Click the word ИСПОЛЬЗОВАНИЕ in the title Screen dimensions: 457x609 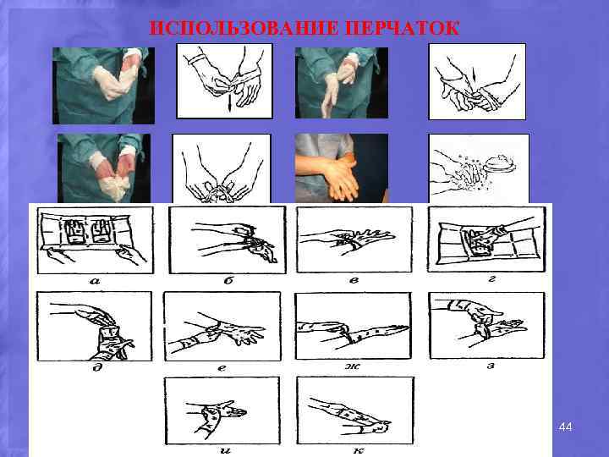coord(245,28)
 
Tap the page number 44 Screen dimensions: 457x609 coord(566,429)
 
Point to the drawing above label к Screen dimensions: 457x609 coord(354,410)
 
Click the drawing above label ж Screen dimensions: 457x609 coord(353,325)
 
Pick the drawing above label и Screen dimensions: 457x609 coord(222,410)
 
